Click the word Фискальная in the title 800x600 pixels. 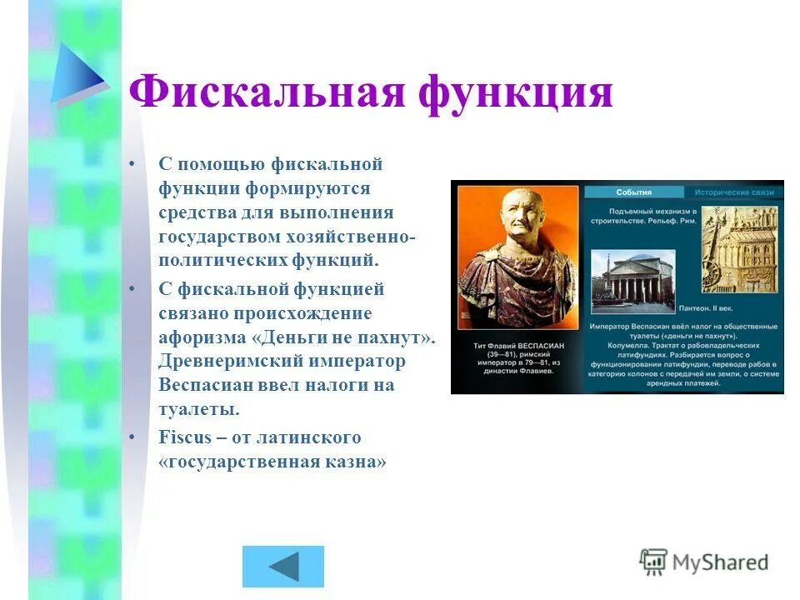(x=266, y=92)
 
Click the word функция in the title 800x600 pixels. (x=516, y=92)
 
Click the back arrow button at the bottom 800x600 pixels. (x=282, y=567)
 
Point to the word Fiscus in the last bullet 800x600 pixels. (x=183, y=437)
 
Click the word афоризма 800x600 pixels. (x=206, y=337)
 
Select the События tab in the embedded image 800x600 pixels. (x=633, y=192)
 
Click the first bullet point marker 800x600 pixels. (x=131, y=163)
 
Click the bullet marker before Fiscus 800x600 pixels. (x=131, y=437)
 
